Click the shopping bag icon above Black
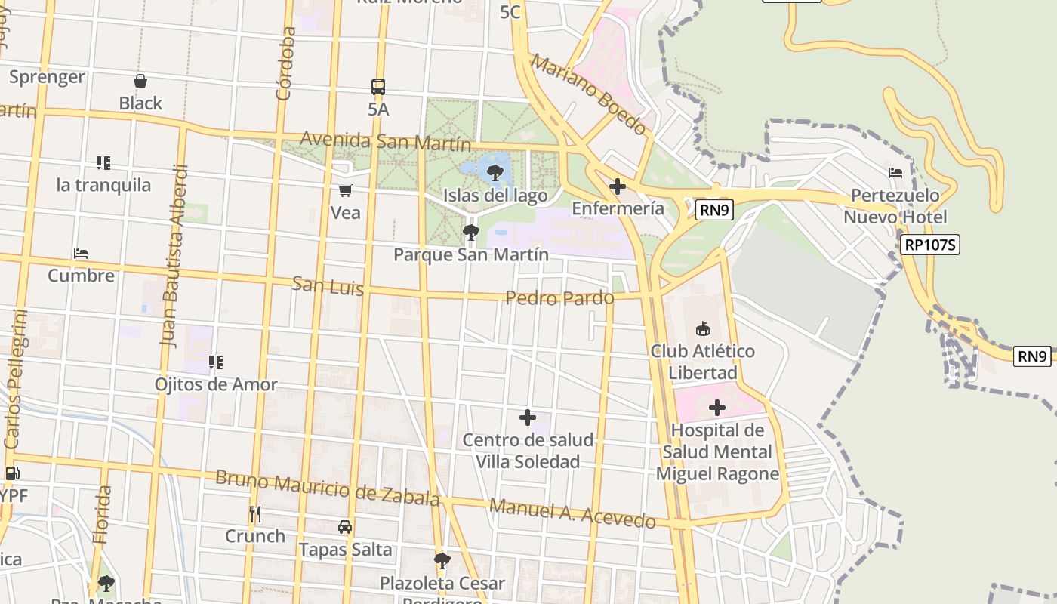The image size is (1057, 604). (140, 81)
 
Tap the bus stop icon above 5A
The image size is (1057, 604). (378, 87)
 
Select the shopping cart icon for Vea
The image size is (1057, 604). (346, 190)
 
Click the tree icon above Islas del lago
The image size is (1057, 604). (495, 173)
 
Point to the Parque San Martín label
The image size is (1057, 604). (471, 254)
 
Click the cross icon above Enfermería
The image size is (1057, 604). (618, 186)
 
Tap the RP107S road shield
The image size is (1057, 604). (929, 245)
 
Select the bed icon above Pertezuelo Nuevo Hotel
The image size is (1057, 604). (895, 173)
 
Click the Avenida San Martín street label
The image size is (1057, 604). (385, 141)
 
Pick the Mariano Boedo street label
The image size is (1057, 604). (589, 94)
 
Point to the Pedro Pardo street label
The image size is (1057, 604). (559, 298)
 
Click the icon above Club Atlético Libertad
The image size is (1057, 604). (703, 328)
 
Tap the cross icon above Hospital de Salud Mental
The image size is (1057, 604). (717, 408)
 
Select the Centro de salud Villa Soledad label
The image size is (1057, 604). (528, 451)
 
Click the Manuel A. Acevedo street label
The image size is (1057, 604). (572, 513)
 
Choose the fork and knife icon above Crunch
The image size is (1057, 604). (255, 514)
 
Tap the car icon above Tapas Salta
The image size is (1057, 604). (345, 527)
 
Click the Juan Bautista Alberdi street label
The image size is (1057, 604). (173, 255)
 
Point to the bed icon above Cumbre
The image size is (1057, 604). (81, 254)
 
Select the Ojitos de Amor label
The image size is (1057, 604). (216, 384)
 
